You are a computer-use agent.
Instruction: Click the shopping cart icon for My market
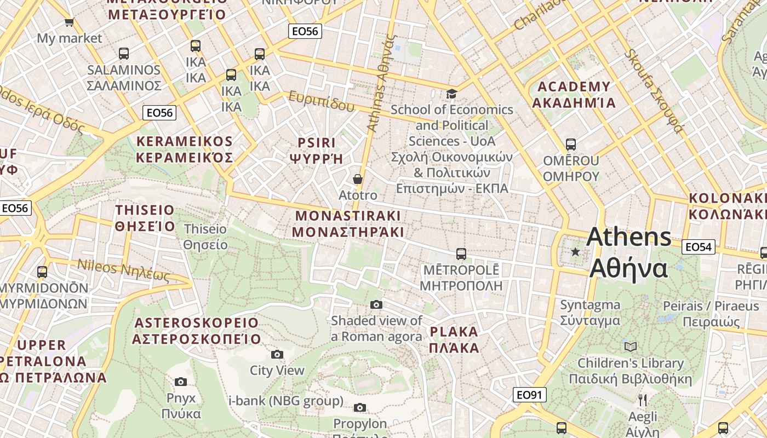[69, 22]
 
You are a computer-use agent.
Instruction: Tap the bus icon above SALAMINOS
[124, 54]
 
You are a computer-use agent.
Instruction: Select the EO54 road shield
[699, 247]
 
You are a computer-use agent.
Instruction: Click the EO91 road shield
[530, 395]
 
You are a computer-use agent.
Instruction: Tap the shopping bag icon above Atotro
[358, 179]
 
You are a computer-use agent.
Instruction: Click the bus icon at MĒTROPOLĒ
[461, 254]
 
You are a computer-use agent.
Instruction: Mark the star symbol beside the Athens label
[575, 252]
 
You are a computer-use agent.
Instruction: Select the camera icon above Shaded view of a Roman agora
[376, 304]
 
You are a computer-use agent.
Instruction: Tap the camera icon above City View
[277, 355]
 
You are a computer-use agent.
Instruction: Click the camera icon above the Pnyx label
[181, 382]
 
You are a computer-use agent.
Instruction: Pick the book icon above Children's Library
[631, 347]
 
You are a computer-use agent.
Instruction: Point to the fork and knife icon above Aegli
[643, 400]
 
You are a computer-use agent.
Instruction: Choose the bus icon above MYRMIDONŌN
[42, 272]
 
